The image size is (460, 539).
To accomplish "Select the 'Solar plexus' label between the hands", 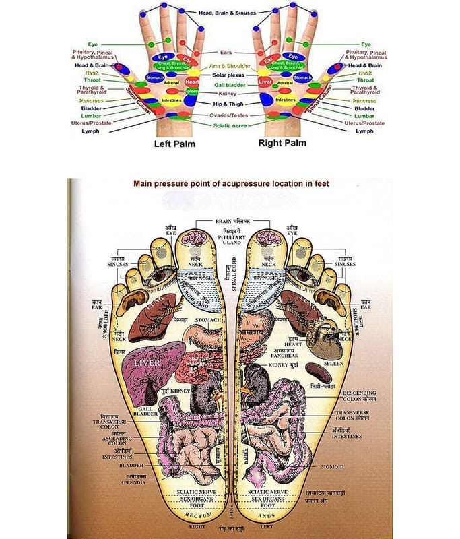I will pos(228,75).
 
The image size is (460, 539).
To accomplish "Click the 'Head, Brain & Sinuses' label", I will pos(228,13).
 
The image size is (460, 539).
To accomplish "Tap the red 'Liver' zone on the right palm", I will pos(264,81).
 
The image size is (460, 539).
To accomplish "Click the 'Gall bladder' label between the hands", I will pos(229,85).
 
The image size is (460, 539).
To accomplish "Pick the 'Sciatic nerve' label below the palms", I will pos(229,125).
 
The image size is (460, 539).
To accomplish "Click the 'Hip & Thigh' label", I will pos(229,105).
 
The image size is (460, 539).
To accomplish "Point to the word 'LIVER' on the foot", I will pos(149,364).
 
